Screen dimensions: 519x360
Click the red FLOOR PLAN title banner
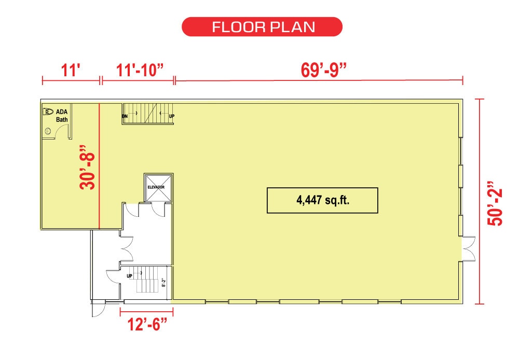[x=262, y=27]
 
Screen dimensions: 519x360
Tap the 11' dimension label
[x=71, y=70]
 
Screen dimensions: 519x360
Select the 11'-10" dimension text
[x=140, y=70]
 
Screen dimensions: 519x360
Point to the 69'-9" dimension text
[x=323, y=70]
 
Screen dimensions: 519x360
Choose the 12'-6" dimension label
[x=147, y=324]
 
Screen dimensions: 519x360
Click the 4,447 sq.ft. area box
[x=322, y=201]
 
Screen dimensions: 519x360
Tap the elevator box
[x=158, y=188]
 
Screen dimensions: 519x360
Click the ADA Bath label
[x=62, y=116]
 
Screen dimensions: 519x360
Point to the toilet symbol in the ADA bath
[x=48, y=112]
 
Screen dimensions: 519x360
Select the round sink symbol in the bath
[x=48, y=131]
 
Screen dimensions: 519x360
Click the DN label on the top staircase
[x=125, y=116]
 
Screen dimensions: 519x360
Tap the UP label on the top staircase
[x=171, y=116]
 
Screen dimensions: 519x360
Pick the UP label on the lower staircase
[x=129, y=276]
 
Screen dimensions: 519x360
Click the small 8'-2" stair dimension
[x=163, y=282]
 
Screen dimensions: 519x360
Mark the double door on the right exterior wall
[x=469, y=248]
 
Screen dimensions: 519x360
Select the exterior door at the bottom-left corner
[x=99, y=309]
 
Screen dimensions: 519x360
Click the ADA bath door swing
[x=62, y=132]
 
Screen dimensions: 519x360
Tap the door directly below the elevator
[x=158, y=210]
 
